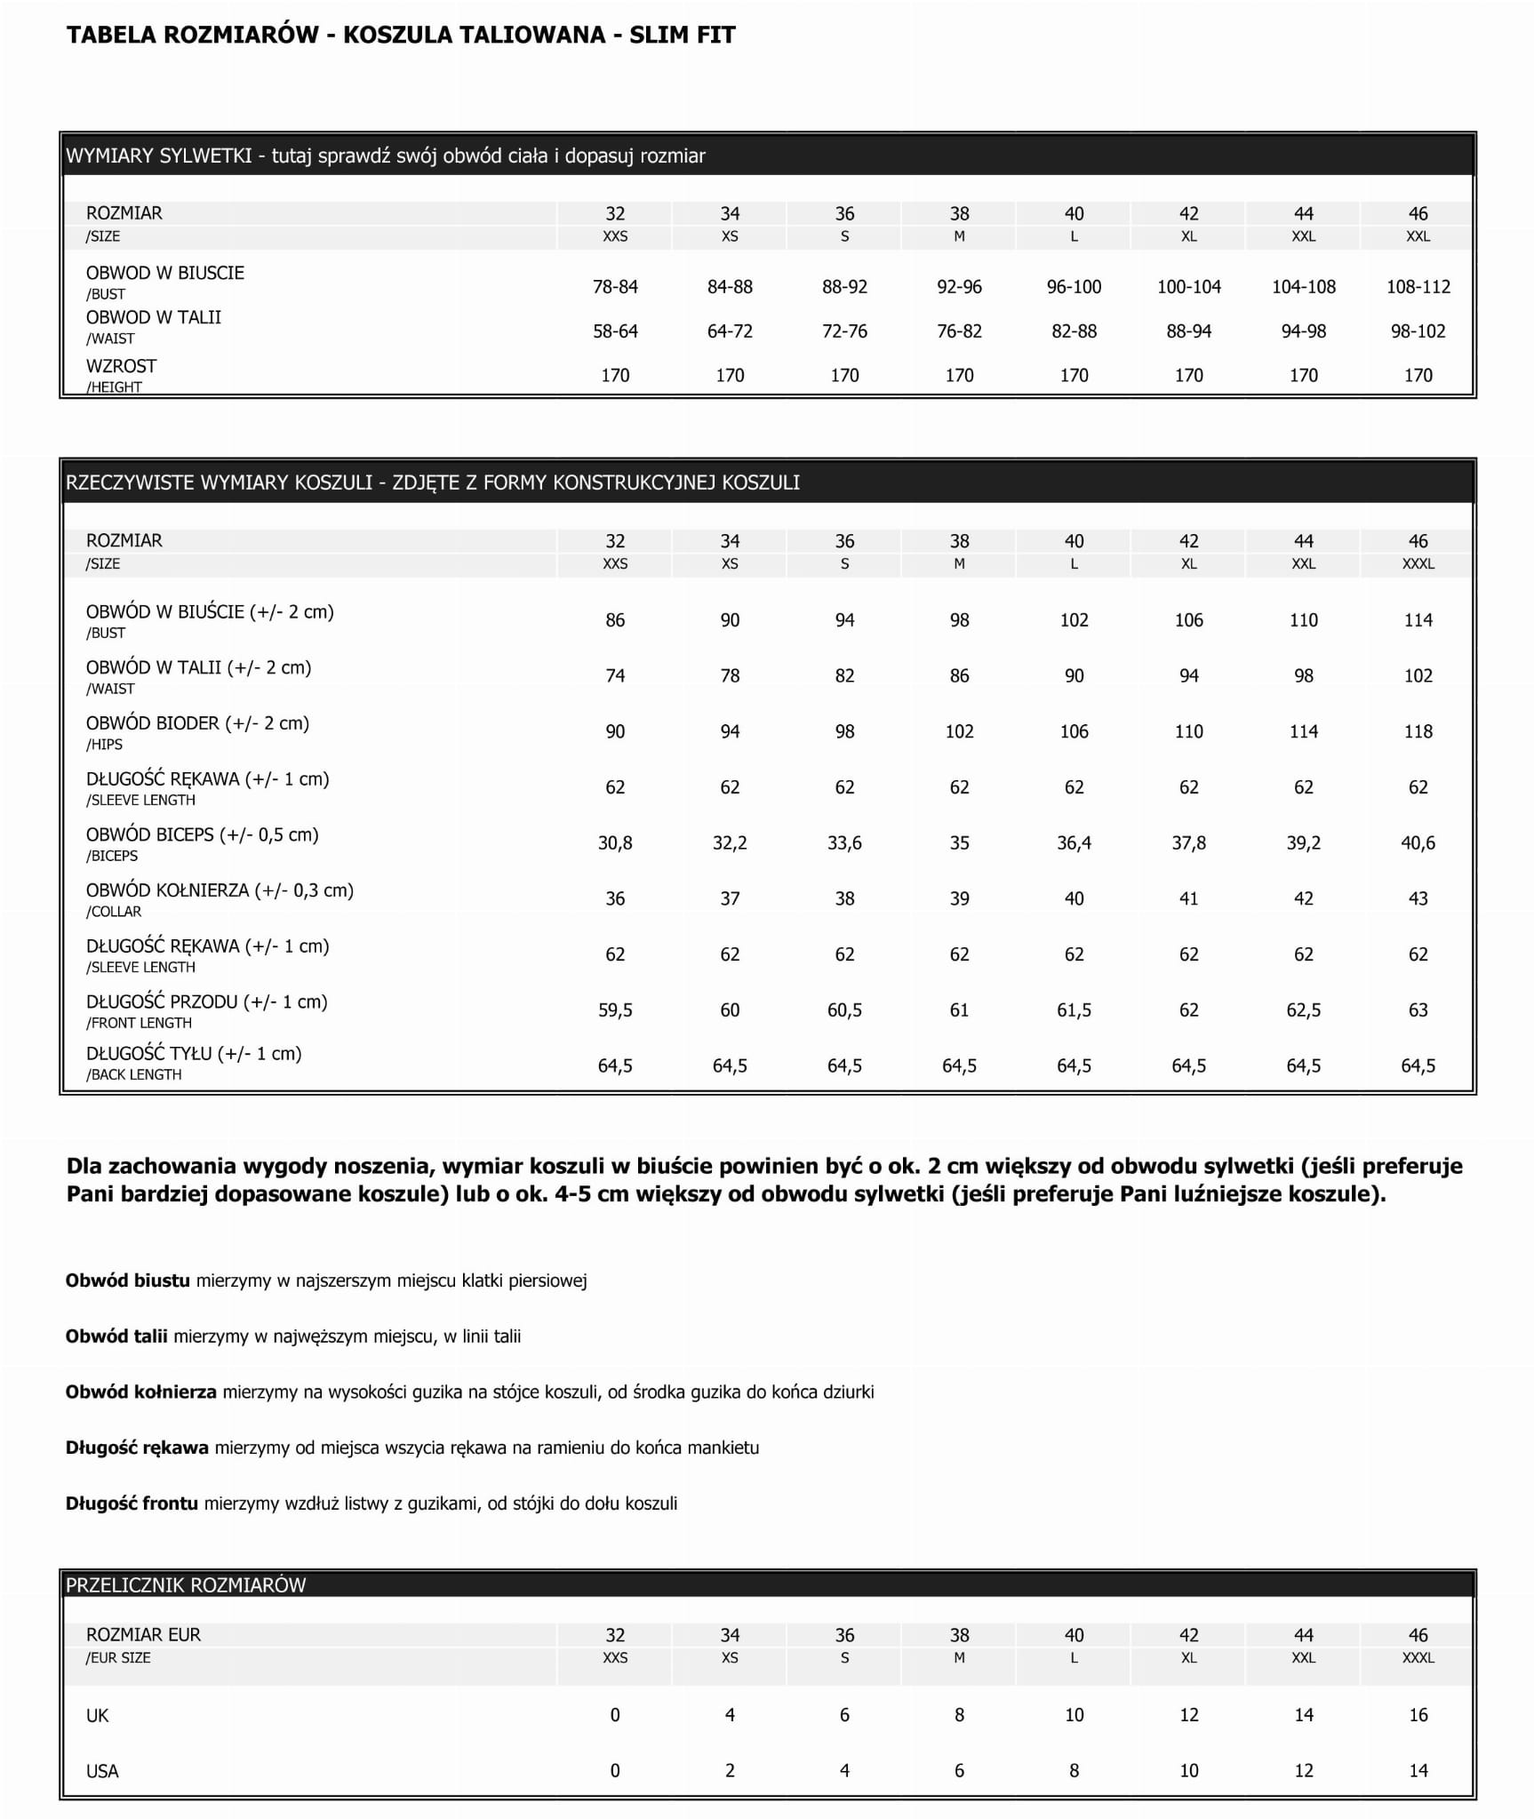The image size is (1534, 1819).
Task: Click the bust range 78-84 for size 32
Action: pos(615,287)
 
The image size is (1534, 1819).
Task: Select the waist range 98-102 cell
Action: pos(1418,331)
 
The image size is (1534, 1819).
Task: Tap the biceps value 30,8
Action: pos(615,842)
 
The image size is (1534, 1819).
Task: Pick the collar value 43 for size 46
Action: pos(1418,898)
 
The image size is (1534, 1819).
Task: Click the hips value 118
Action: pos(1418,731)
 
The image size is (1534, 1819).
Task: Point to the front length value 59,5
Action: pos(615,1009)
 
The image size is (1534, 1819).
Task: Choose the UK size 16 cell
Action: pos(1418,1715)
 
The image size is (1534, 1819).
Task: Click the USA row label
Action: pos(102,1771)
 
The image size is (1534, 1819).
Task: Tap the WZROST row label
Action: pos(121,366)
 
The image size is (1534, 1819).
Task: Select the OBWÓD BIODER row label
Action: pos(197,723)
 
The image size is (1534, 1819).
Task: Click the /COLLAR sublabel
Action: pos(114,912)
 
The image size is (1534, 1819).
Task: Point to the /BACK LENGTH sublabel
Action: pos(133,1074)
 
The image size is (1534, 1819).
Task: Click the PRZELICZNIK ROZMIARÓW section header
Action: pos(186,1584)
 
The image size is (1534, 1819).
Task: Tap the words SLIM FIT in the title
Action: pos(682,36)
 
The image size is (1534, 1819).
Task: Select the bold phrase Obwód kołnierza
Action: pos(141,1392)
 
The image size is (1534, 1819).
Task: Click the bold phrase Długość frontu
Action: pos(132,1504)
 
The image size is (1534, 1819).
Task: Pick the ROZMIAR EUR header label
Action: pos(143,1634)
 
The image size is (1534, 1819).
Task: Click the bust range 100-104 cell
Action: pos(1188,287)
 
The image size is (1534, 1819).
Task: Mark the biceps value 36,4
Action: pos(1074,842)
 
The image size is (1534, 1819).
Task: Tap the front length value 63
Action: pos(1418,1009)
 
